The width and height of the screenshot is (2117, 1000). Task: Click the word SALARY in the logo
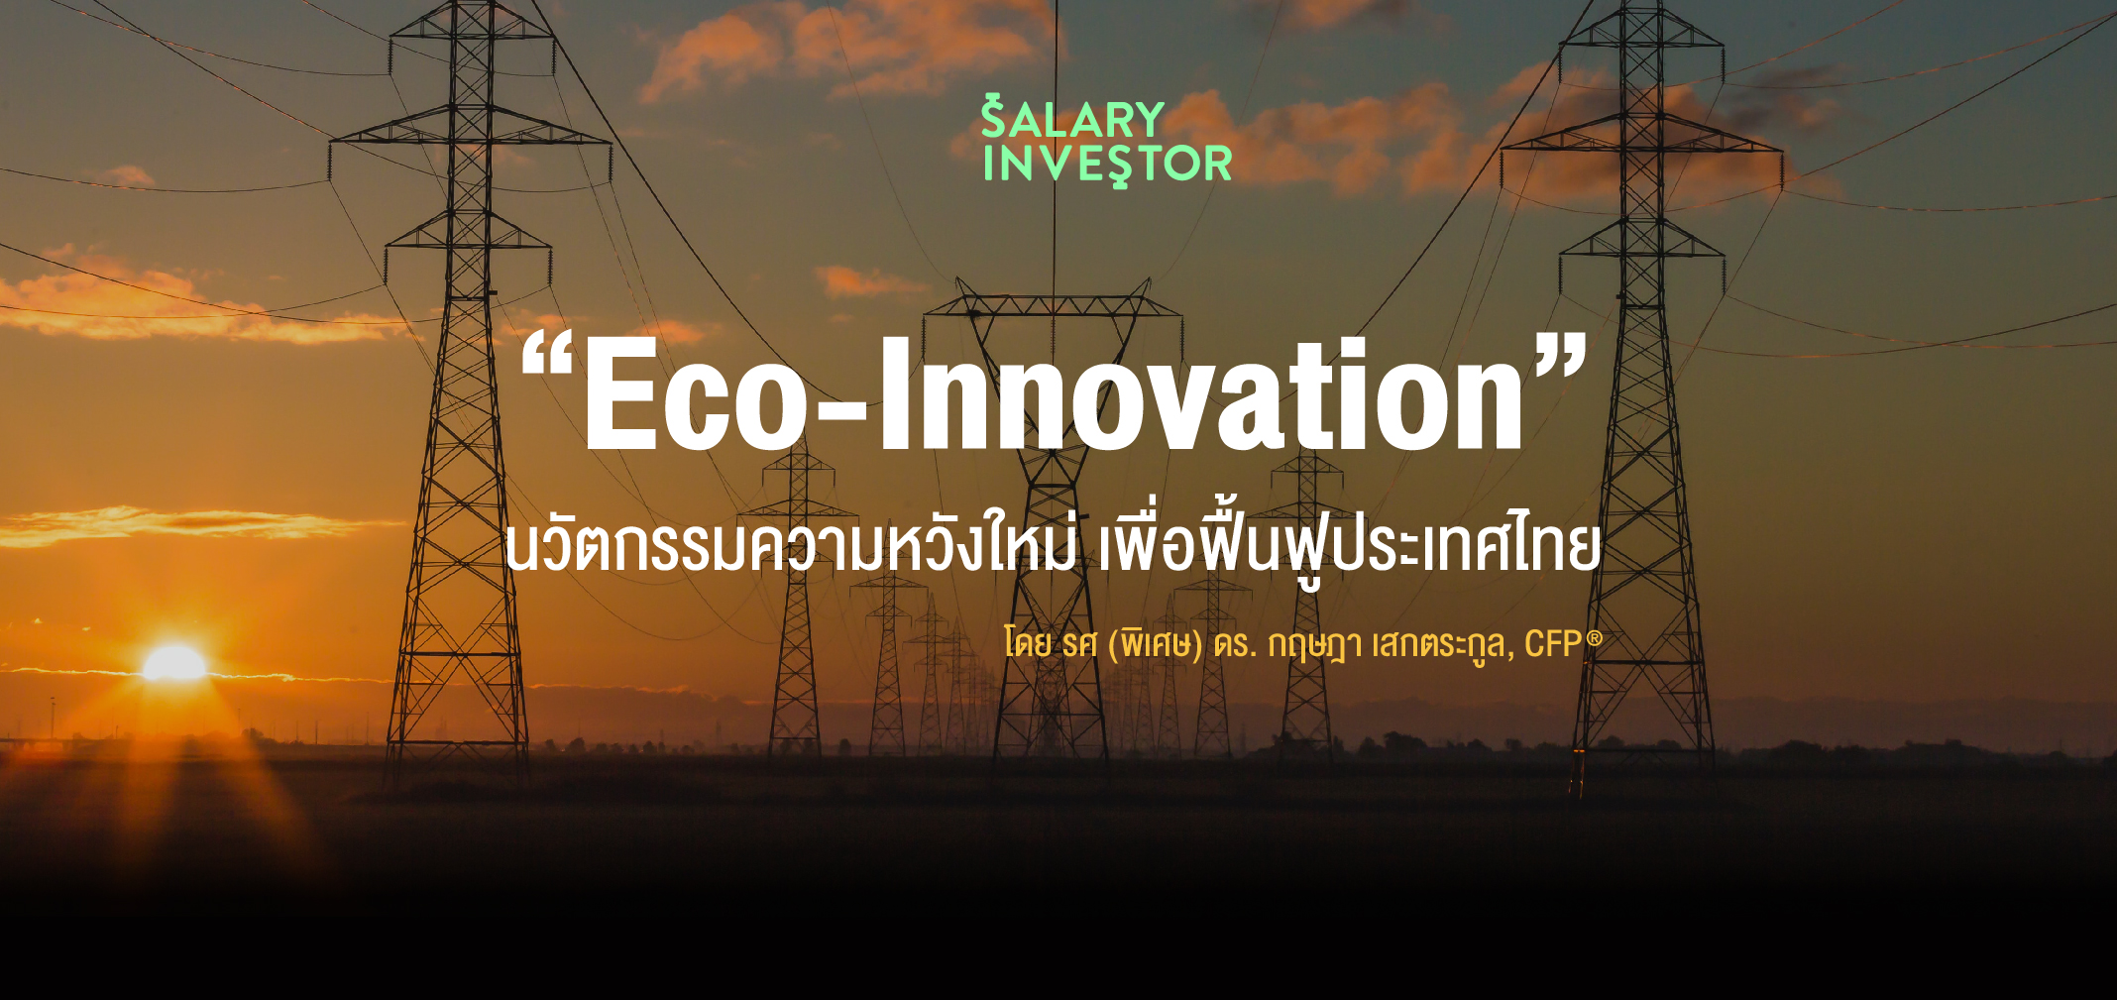[1072, 118]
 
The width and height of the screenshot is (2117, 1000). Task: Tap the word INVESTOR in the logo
[1107, 165]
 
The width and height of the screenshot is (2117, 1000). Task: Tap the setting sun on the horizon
[174, 663]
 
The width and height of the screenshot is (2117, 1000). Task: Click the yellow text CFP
[1553, 644]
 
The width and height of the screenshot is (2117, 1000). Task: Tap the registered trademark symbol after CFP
[1594, 638]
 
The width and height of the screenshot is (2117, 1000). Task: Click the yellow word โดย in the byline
[1028, 644]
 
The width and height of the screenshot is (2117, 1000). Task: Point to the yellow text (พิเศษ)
[1155, 644]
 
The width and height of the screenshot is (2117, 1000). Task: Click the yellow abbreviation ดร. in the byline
[1235, 645]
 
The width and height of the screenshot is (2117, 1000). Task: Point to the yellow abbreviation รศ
[1079, 645]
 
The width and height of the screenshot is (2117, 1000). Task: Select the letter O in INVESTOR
[1181, 165]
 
